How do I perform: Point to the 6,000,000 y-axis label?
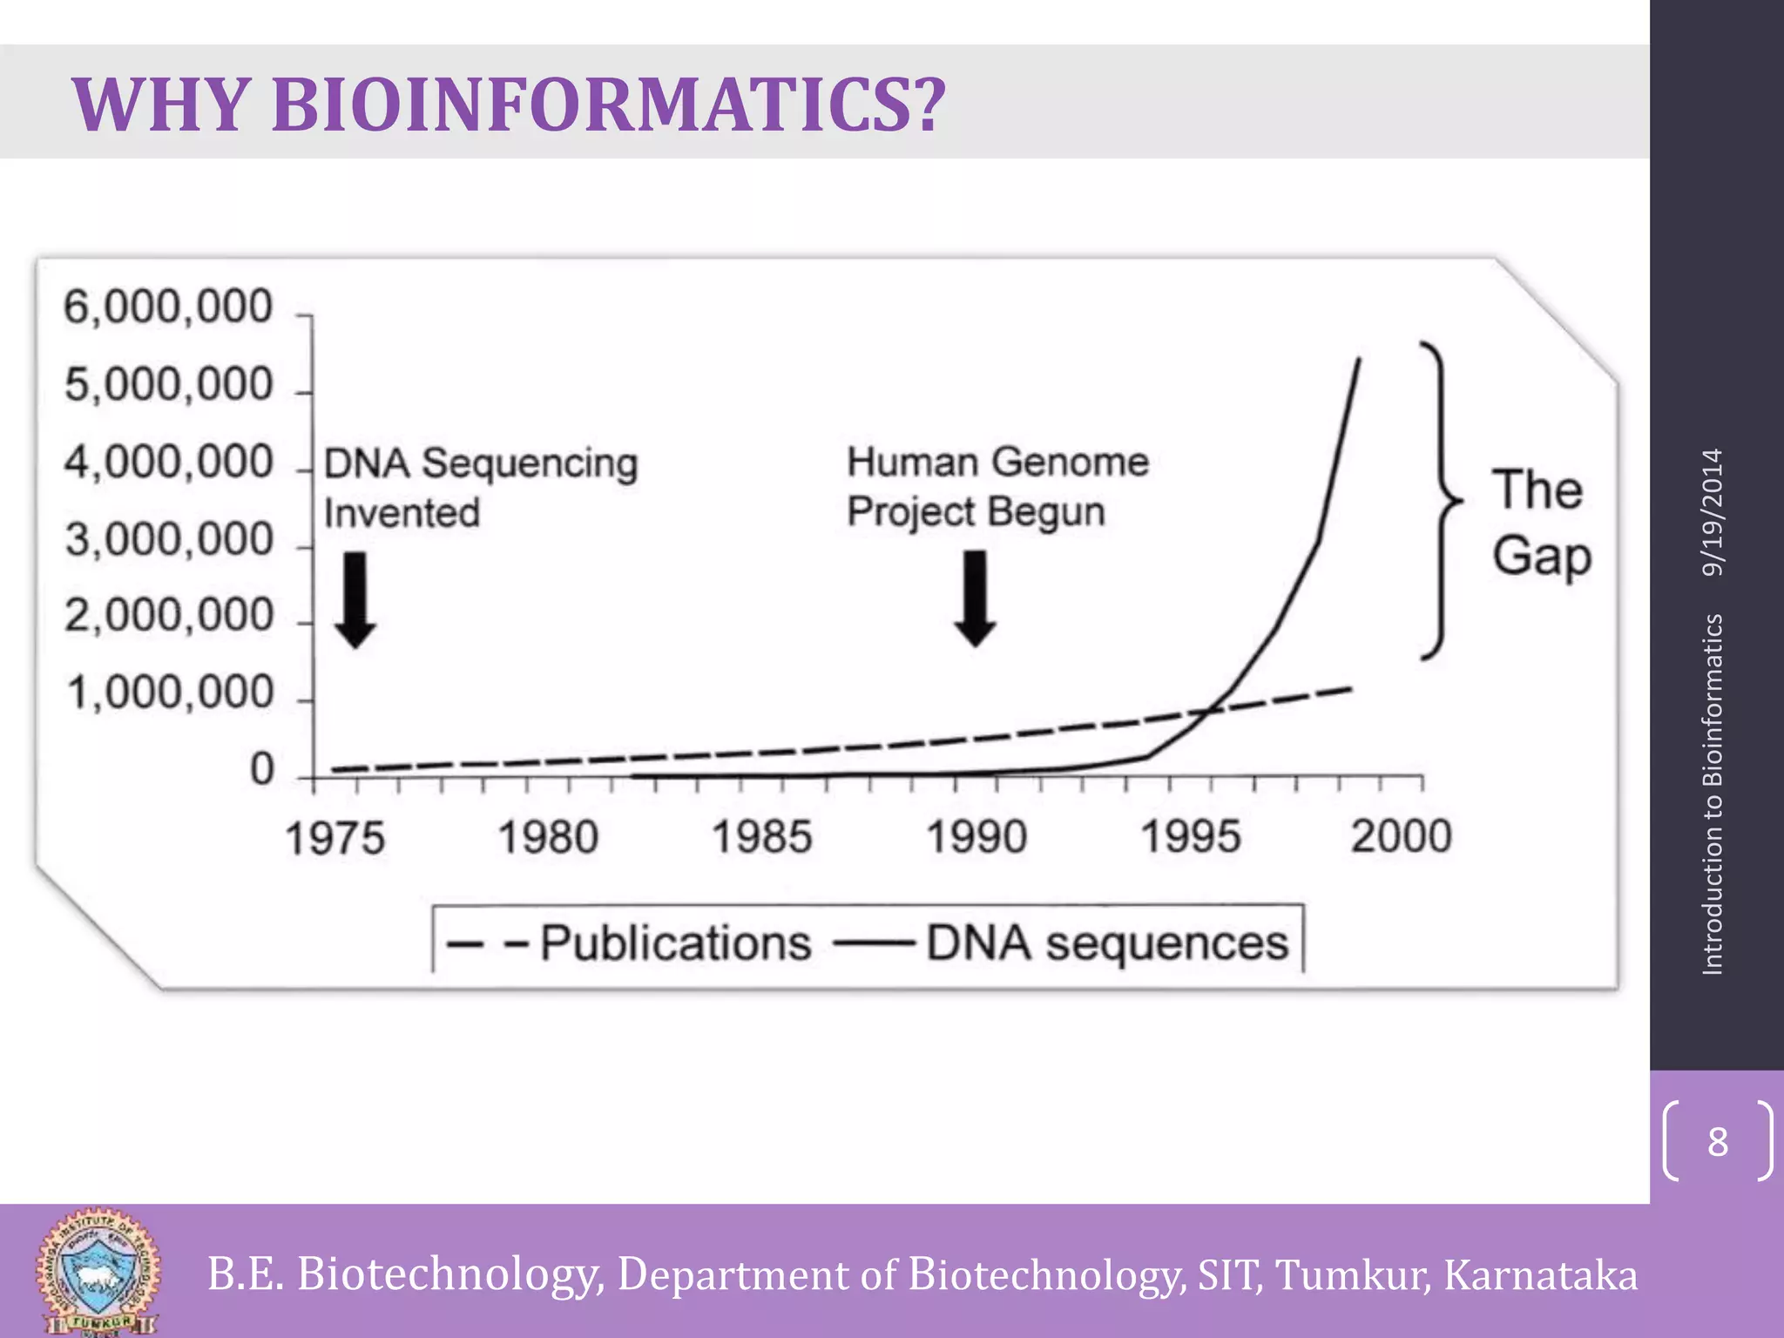point(167,307)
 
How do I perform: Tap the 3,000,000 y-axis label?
point(169,539)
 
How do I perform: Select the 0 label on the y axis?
point(261,770)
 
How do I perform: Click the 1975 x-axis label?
point(334,838)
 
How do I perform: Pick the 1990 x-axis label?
point(976,837)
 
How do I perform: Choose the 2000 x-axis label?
point(1401,836)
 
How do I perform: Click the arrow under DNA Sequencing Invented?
point(355,601)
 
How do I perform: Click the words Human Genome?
point(997,462)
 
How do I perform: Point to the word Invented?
point(402,512)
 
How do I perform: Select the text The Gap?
point(1540,523)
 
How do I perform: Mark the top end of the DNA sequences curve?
point(1360,360)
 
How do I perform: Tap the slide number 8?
point(1717,1141)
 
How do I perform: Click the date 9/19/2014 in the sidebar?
point(1713,512)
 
